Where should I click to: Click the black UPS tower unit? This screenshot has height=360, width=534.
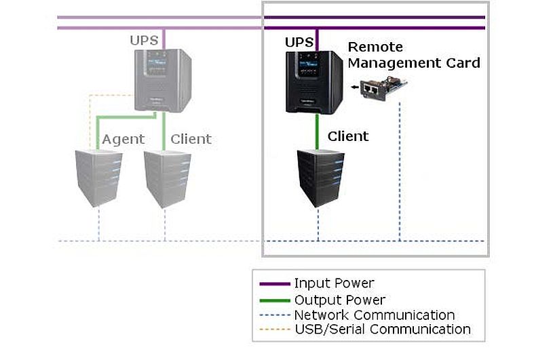tap(314, 82)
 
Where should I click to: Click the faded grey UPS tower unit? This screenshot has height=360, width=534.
tap(163, 81)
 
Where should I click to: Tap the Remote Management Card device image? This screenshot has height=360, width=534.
tap(384, 87)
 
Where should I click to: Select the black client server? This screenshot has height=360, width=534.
tap(320, 178)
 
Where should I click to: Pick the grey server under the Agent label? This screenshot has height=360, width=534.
tap(99, 178)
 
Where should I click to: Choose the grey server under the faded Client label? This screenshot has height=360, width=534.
tap(168, 179)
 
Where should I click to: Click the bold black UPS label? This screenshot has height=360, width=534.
tap(299, 43)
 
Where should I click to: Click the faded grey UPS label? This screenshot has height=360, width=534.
tap(144, 41)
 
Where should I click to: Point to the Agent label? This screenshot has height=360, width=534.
tap(123, 140)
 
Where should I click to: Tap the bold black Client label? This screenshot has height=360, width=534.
tap(348, 136)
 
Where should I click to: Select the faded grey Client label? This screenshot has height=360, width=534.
tap(191, 139)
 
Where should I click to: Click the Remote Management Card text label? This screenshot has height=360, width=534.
tap(414, 55)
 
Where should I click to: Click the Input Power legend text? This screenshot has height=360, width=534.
tap(334, 283)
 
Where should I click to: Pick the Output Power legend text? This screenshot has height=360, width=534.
tap(340, 300)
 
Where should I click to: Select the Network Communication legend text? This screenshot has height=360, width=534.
tap(375, 315)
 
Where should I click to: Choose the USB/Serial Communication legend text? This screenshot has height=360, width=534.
tap(383, 329)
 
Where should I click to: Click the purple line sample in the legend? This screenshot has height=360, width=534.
tap(275, 284)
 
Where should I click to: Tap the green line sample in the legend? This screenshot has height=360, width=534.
tap(275, 300)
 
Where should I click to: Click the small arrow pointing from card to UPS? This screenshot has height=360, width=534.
tap(355, 87)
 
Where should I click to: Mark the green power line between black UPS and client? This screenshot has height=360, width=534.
tap(317, 132)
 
